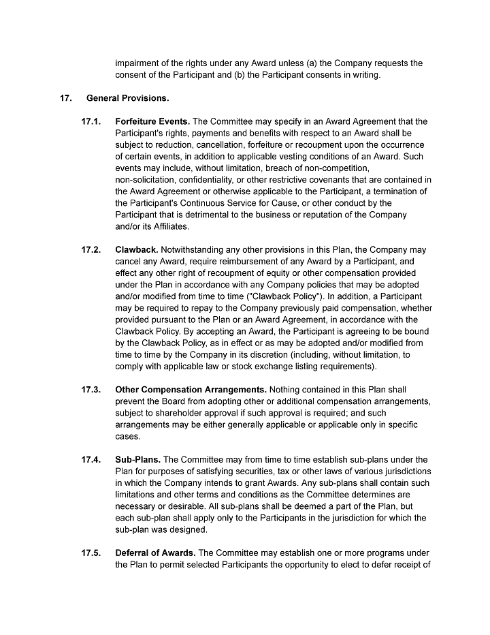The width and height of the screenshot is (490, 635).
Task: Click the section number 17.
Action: click(66, 98)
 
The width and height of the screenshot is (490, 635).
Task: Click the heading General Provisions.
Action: click(127, 98)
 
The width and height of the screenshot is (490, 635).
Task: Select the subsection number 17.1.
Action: click(91, 122)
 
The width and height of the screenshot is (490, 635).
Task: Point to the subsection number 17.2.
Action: click(91, 249)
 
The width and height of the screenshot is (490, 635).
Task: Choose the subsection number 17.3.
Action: click(91, 390)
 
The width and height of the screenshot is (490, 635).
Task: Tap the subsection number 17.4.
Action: click(91, 460)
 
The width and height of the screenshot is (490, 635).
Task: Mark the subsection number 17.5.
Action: click(91, 553)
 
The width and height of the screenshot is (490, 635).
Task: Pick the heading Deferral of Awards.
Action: click(155, 553)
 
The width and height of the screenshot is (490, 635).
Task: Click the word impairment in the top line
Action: click(140, 63)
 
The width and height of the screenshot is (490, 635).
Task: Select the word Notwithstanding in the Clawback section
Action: click(194, 249)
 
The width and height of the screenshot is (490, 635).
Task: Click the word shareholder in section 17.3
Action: click(180, 414)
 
